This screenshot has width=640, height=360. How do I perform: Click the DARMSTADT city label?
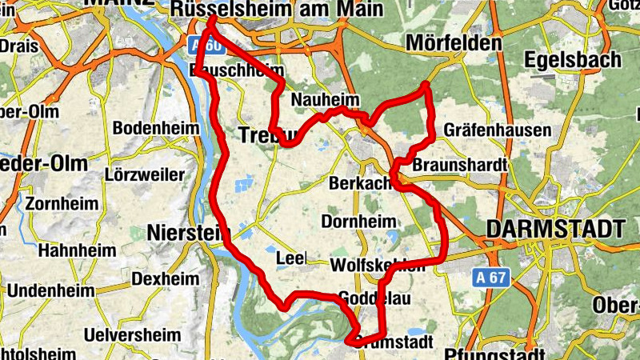(x=554, y=228)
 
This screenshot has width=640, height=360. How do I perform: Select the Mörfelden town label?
(x=454, y=42)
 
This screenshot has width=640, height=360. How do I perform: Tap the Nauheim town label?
(x=326, y=98)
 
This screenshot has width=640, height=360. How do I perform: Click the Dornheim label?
(x=359, y=221)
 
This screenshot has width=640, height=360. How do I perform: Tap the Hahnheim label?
(x=73, y=250)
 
